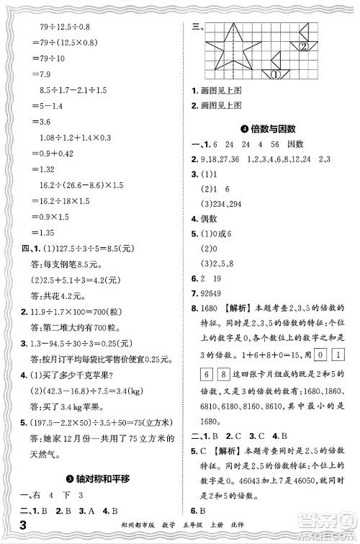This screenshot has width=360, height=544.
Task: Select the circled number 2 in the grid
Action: pyautogui.click(x=303, y=47)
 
